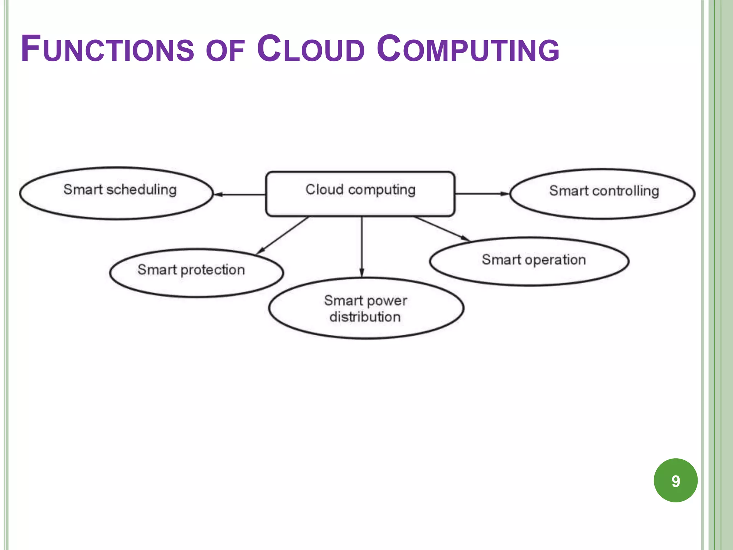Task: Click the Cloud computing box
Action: pos(360,194)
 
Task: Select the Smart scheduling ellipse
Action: pos(116,193)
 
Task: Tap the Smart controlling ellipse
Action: pos(602,194)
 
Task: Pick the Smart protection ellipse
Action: pos(196,273)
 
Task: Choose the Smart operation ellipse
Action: pos(529,261)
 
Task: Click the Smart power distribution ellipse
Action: pos(366,308)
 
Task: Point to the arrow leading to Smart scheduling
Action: pos(239,194)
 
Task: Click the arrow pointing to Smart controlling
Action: pos(482,194)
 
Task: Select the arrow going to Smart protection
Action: pos(282,235)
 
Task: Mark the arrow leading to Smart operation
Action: pos(442,228)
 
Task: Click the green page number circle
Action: pos(675,480)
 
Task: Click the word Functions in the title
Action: pos(107,49)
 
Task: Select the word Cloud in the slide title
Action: pos(311,49)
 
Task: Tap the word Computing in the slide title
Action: pos(468,49)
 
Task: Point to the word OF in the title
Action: pos(225,51)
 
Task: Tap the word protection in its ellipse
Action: pos(213,270)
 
